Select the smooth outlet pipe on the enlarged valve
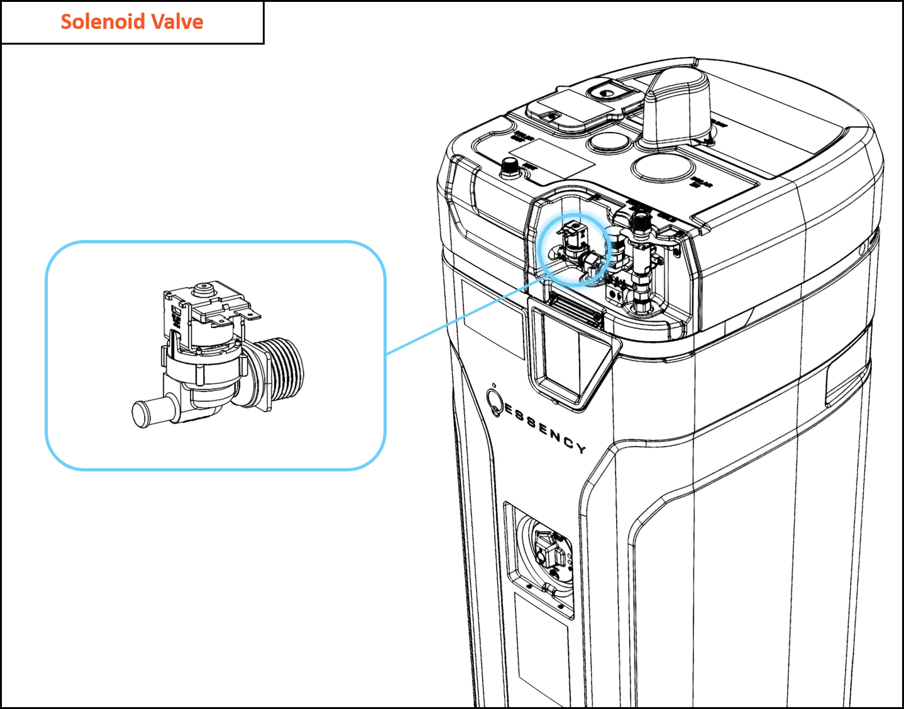pos(148,412)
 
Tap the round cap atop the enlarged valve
pos(204,290)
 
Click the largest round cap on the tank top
pos(663,168)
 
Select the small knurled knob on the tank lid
pos(510,168)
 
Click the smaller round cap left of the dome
pos(609,140)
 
